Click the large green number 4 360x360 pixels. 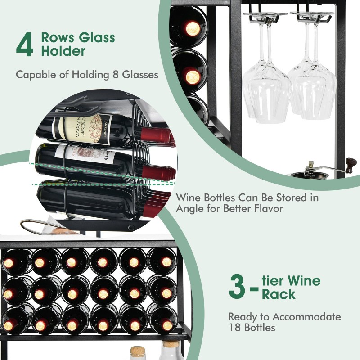point(25,44)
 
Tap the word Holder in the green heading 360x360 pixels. point(63,51)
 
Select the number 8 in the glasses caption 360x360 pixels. point(116,75)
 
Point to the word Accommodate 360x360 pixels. point(306,317)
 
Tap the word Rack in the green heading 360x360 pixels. point(279,294)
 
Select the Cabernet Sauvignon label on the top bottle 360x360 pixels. point(82,130)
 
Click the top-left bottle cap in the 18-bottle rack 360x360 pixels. point(9,263)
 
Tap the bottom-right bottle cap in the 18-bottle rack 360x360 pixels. point(167,325)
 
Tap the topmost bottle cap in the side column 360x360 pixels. point(193,28)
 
